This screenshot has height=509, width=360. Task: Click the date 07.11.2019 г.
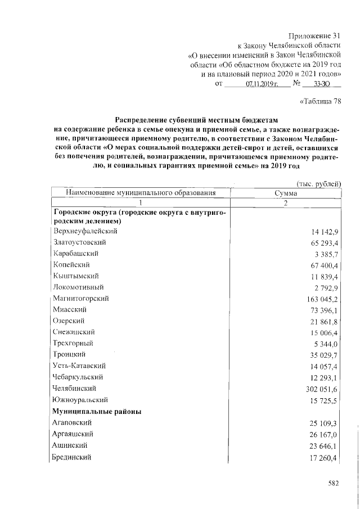pos(259,84)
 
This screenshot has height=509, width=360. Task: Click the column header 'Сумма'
pos(286,193)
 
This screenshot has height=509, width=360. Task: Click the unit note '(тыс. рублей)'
pos(318,183)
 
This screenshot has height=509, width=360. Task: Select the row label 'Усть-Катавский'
pos(78,366)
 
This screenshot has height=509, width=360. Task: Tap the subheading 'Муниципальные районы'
pos(97,411)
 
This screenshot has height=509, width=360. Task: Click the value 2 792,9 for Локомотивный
pos(325,287)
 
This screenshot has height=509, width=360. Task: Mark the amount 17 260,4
pos(323,457)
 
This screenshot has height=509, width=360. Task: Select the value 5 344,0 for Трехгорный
pos(325,344)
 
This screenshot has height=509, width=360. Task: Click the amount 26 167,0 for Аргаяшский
pos(323,434)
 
